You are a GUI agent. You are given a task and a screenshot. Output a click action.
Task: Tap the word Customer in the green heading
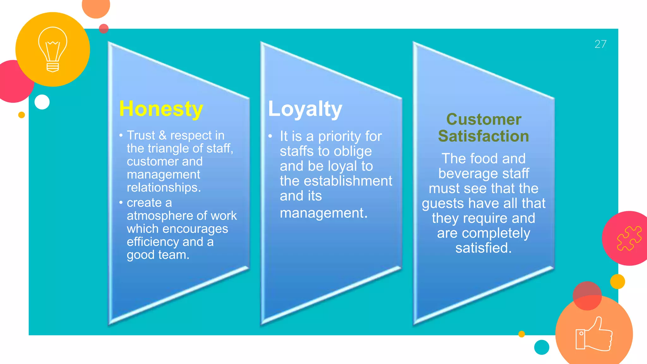pos(484,119)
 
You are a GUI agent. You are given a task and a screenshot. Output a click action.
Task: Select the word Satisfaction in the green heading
pos(483,136)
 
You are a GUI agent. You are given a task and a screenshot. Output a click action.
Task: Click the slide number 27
pos(600,44)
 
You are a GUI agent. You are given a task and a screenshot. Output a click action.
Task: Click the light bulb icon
pos(53,49)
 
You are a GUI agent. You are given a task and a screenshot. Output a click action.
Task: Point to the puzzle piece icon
pos(629,238)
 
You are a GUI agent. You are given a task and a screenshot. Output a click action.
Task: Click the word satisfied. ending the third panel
pos(483,248)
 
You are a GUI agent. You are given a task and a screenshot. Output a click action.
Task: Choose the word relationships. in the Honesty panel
pos(164,188)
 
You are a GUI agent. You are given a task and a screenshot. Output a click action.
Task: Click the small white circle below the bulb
pos(42,102)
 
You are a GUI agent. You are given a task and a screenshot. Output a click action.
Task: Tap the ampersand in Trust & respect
pos(162,136)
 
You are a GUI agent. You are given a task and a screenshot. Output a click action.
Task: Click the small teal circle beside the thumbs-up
pos(541,347)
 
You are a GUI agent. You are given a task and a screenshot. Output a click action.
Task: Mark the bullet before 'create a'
pos(121,202)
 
